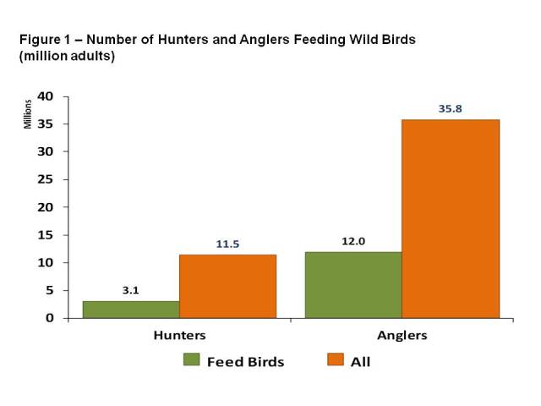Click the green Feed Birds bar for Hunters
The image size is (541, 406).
pos(131,310)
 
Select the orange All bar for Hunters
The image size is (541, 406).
pos(227,287)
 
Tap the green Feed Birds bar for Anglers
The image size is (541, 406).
pos(353,285)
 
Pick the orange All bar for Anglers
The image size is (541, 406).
pos(451,219)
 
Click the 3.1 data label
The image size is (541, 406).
pos(131,290)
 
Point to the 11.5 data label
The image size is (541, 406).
pos(227,244)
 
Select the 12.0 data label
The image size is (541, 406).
pos(353,241)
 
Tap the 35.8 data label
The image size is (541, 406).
pos(451,109)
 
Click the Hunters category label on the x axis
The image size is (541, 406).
pos(179,335)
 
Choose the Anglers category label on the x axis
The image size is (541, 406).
pos(402,336)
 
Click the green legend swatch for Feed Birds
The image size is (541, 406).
pos(192,359)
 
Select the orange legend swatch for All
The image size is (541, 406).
pos(336,359)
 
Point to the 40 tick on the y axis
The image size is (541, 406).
pos(46,96)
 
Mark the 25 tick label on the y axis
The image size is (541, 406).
pos(46,179)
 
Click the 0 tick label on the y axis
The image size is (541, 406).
pos(50,318)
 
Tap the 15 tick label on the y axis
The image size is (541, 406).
pos(46,235)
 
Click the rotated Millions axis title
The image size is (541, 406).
pos(28,114)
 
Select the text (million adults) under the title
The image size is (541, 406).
pos(67,56)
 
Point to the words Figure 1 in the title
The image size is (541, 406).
pos(45,40)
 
